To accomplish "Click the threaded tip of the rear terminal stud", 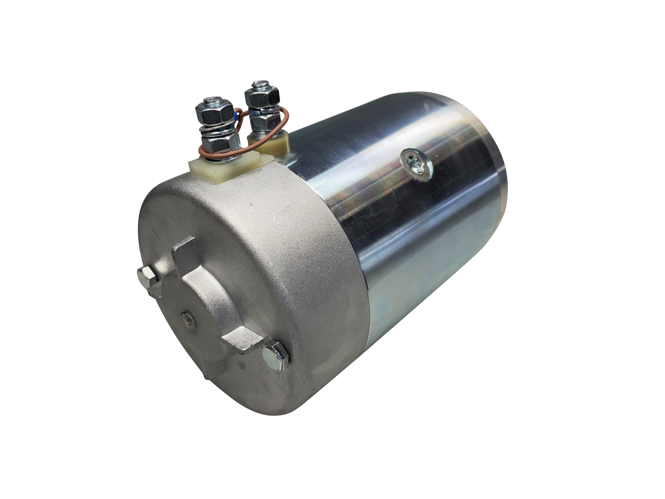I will [261, 83].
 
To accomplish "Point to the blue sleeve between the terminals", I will [238, 115].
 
